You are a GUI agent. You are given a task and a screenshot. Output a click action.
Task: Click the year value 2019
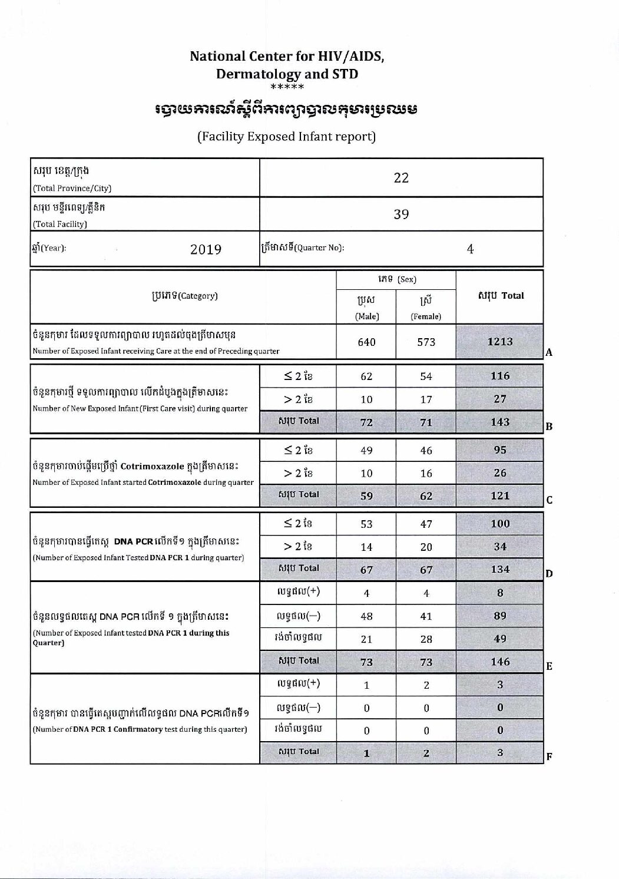pyautogui.click(x=206, y=249)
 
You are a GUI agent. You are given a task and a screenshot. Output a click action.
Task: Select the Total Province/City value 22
pyautogui.click(x=401, y=177)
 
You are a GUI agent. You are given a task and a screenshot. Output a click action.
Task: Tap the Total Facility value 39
pyautogui.click(x=401, y=214)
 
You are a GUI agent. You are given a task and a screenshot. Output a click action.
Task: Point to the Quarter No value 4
pyautogui.click(x=470, y=249)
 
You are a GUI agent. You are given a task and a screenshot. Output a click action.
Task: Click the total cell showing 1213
pyautogui.click(x=500, y=341)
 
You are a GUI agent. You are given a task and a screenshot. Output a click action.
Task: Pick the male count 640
pyautogui.click(x=366, y=342)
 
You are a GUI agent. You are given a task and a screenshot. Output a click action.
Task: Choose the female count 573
pyautogui.click(x=426, y=342)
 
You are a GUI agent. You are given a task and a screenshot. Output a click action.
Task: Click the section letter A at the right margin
pyautogui.click(x=549, y=352)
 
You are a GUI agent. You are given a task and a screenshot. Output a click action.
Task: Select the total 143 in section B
pyautogui.click(x=500, y=422)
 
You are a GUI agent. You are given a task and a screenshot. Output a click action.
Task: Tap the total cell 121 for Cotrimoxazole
pyautogui.click(x=500, y=495)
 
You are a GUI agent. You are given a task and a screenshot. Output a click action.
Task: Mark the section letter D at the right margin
pyautogui.click(x=549, y=573)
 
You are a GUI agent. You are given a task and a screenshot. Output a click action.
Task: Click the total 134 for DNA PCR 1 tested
pyautogui.click(x=500, y=569)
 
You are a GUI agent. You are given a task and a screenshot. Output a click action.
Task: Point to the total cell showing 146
pyautogui.click(x=500, y=662)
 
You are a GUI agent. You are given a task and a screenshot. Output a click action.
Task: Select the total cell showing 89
pyautogui.click(x=500, y=616)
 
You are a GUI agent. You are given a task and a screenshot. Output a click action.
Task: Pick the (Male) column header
pyautogui.click(x=366, y=316)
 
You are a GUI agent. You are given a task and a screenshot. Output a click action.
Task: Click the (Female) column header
pyautogui.click(x=426, y=316)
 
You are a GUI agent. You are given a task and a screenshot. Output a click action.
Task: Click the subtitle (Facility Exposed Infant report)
pyautogui.click(x=287, y=137)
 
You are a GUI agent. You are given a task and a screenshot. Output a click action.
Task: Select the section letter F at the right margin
pyautogui.click(x=549, y=757)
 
